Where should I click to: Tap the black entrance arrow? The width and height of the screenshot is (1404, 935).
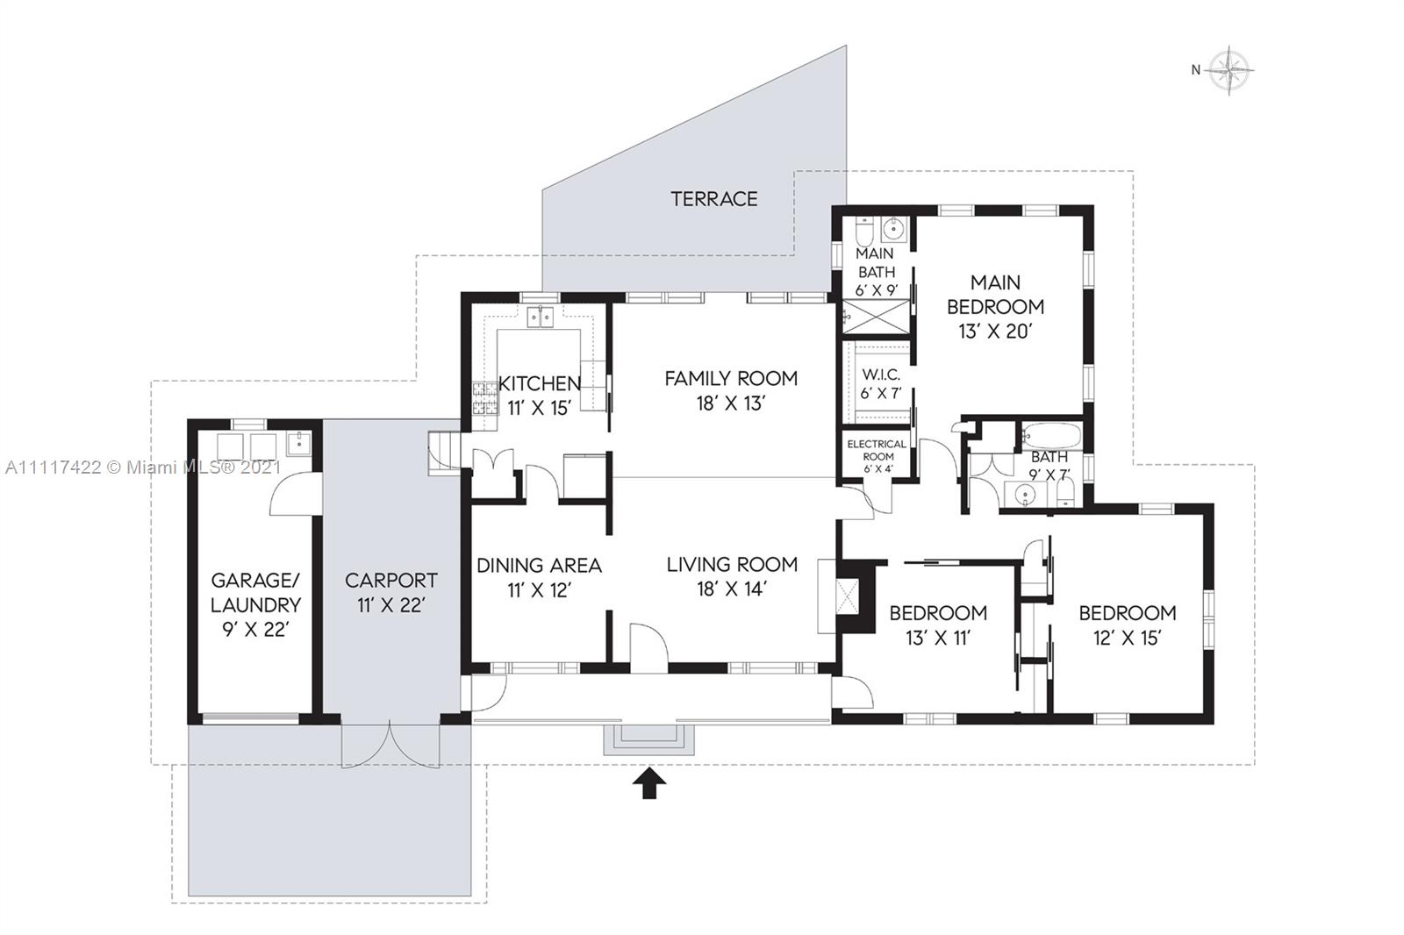point(649,782)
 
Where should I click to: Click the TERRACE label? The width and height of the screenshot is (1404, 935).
point(714,198)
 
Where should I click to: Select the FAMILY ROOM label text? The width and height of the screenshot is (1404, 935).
point(731,378)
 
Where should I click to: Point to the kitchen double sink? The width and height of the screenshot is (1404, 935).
point(541,318)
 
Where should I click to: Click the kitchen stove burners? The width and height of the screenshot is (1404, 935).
point(484,398)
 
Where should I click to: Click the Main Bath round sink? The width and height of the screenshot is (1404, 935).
point(892,230)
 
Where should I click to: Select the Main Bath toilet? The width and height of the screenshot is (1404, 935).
point(863,232)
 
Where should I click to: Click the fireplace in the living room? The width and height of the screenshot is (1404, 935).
point(846,596)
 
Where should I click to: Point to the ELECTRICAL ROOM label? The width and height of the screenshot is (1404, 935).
point(877,450)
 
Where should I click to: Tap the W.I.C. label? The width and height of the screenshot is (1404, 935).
point(881,375)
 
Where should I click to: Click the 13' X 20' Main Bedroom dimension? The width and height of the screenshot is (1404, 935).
point(995,332)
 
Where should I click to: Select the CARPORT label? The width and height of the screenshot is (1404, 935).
point(391,581)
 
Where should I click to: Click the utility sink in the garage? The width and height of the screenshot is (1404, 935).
point(299,443)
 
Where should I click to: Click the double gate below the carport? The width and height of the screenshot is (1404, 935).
point(390,745)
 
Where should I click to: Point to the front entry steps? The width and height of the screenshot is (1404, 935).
point(648,740)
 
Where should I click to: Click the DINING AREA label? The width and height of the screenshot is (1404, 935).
point(539,565)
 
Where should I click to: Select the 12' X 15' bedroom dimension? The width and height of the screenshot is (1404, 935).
point(1128,638)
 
